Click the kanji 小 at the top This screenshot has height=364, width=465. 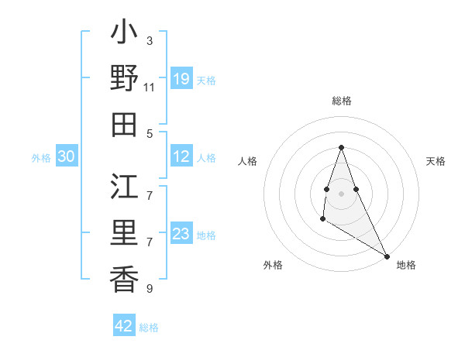(124, 35)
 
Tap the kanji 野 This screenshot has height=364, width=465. (124, 79)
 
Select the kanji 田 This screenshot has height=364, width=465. (124, 124)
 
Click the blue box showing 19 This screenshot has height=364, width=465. (181, 79)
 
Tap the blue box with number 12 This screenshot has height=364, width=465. (181, 157)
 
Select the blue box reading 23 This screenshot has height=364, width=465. (181, 234)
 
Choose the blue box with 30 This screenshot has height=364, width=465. (66, 157)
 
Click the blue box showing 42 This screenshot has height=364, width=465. (124, 326)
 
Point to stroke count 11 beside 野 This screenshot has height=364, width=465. (150, 87)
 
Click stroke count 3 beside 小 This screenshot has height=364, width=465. (150, 40)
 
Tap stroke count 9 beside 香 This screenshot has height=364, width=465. (150, 289)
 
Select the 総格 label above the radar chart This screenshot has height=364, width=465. (341, 101)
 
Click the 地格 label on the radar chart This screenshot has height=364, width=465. (406, 265)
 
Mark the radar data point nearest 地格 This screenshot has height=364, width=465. (387, 256)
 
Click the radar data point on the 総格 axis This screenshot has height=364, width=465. (341, 147)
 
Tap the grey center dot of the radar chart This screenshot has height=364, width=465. (341, 193)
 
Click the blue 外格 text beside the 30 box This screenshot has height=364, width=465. (41, 158)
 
